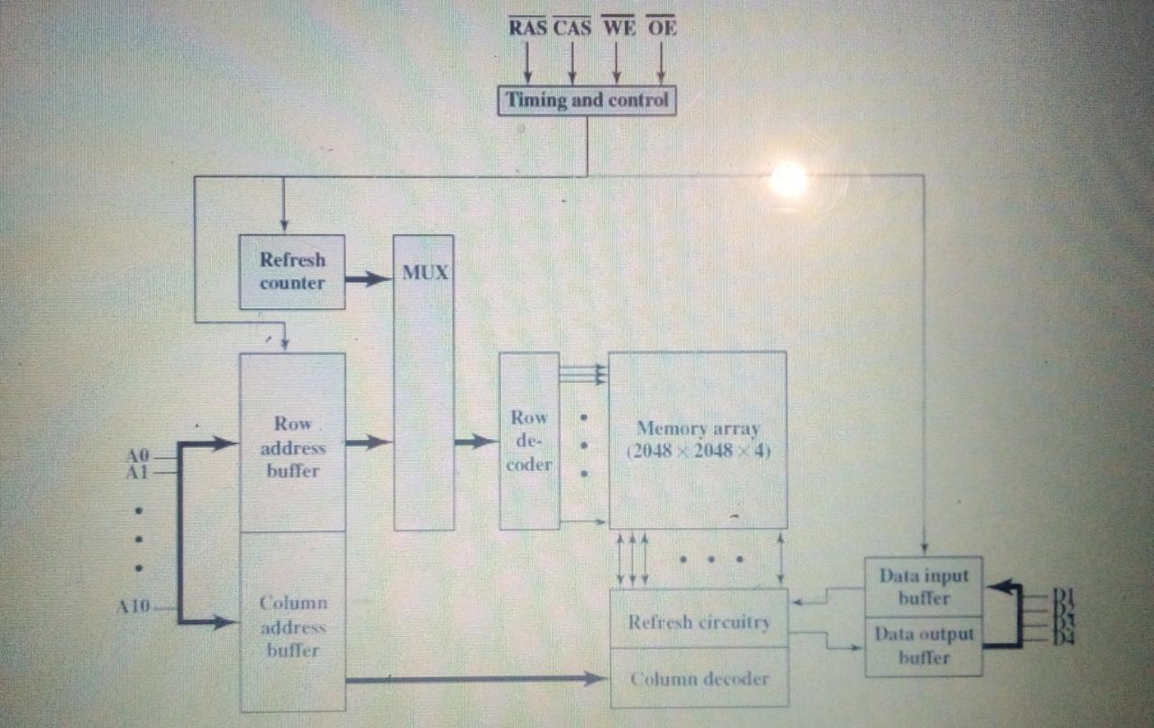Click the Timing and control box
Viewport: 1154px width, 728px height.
click(587, 100)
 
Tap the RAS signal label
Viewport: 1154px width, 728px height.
click(527, 28)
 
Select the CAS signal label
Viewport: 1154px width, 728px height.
click(572, 28)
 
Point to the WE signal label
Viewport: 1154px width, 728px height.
click(618, 28)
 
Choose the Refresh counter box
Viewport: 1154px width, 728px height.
click(292, 271)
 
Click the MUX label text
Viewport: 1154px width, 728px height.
click(425, 272)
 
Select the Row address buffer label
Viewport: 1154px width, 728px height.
click(293, 446)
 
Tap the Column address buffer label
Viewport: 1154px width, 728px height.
click(293, 626)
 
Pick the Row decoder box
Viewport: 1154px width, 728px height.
click(529, 441)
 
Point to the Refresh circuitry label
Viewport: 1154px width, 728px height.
click(700, 622)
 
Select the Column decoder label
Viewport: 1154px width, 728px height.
click(700, 678)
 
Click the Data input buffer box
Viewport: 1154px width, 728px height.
click(924, 587)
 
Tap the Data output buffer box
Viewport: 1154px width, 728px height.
click(924, 646)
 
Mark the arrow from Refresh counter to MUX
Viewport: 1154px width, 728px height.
click(369, 279)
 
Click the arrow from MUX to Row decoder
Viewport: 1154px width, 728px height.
click(476, 441)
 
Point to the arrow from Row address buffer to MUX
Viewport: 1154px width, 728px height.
click(369, 441)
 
